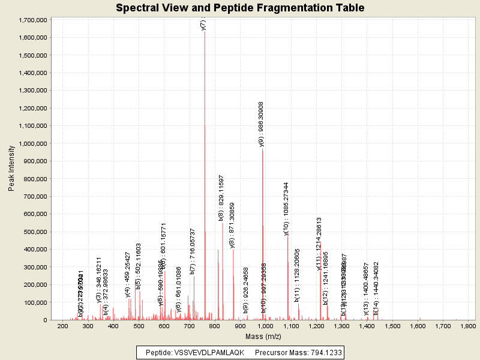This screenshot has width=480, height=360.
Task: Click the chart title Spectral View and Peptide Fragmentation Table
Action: (x=240, y=8)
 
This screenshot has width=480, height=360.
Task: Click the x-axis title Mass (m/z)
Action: (x=263, y=337)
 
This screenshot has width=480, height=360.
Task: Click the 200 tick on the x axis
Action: (x=62, y=326)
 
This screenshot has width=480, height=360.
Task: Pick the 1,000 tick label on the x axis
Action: (x=291, y=326)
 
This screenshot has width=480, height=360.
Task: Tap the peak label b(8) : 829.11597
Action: (x=221, y=199)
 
